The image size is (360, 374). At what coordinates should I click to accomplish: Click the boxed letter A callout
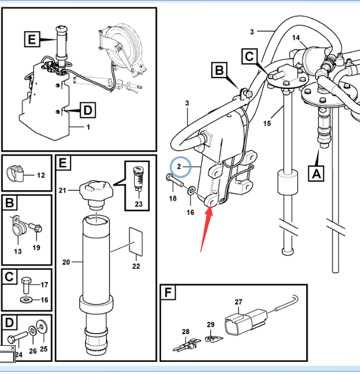tap(315, 172)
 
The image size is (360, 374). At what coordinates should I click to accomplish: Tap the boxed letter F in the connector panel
tap(168, 293)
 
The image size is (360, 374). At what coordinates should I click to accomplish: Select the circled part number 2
tap(179, 166)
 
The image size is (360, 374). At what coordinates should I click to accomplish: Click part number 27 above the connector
tap(238, 302)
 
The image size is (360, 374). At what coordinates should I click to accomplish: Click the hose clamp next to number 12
tap(17, 172)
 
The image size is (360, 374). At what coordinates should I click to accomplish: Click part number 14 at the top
tap(296, 39)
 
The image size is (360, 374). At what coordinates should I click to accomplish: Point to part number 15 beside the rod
tap(267, 123)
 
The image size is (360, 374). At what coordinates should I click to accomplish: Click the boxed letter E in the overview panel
tap(32, 39)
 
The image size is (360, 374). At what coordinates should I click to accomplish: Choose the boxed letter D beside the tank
tap(86, 109)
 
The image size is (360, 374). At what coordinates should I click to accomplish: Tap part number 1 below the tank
tap(88, 127)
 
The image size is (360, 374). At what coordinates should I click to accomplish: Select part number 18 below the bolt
tap(173, 199)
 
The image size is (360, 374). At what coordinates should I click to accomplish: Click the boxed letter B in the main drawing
tap(219, 71)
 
